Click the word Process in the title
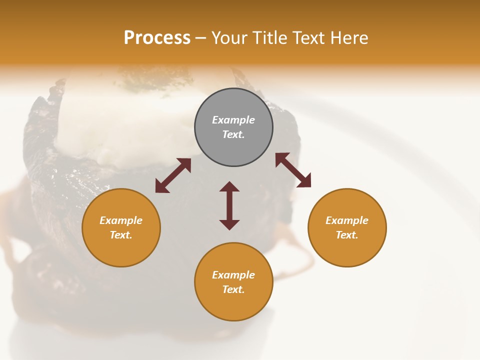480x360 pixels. [157, 38]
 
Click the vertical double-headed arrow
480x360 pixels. [229, 205]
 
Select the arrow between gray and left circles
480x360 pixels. [173, 175]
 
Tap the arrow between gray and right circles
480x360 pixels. [293, 170]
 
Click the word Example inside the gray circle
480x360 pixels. [233, 120]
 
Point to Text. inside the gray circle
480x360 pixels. [233, 134]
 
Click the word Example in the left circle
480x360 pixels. [121, 220]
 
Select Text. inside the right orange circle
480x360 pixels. [347, 235]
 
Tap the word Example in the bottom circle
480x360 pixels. [233, 275]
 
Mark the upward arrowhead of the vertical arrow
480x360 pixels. [229, 186]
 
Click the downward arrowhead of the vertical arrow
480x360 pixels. [229, 224]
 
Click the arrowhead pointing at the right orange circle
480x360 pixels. [304, 181]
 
